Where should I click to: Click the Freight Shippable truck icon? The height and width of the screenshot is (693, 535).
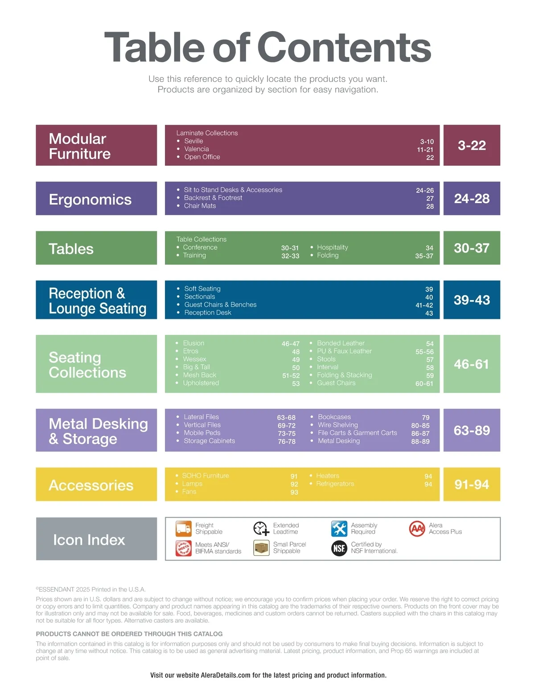click(x=183, y=528)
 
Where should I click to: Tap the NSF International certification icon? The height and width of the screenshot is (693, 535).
click(x=339, y=548)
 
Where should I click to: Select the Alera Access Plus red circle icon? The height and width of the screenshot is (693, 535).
click(x=417, y=529)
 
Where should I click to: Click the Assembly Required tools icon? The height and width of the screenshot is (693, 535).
click(x=339, y=529)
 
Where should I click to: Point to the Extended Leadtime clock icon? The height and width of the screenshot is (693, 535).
click(x=261, y=529)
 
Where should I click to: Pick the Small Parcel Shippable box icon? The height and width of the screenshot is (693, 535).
click(x=261, y=548)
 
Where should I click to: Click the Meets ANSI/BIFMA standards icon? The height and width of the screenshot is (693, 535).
click(x=183, y=548)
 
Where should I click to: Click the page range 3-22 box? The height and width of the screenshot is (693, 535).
click(x=472, y=145)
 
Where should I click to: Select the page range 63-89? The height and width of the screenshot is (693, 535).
click(x=472, y=430)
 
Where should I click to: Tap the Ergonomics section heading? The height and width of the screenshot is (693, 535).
click(x=90, y=199)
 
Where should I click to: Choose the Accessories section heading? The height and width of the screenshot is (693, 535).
click(x=91, y=485)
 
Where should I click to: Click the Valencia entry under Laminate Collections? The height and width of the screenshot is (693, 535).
click(x=197, y=149)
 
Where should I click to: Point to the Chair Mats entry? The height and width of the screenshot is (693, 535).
click(x=200, y=206)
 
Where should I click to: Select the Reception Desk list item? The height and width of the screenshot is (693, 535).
click(x=208, y=313)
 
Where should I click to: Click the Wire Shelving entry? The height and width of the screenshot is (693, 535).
click(x=337, y=425)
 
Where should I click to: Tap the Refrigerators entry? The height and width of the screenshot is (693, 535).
click(x=335, y=484)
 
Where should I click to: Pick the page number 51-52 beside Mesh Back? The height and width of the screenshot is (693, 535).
click(x=291, y=375)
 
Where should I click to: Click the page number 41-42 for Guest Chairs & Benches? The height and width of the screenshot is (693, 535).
click(x=424, y=305)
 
